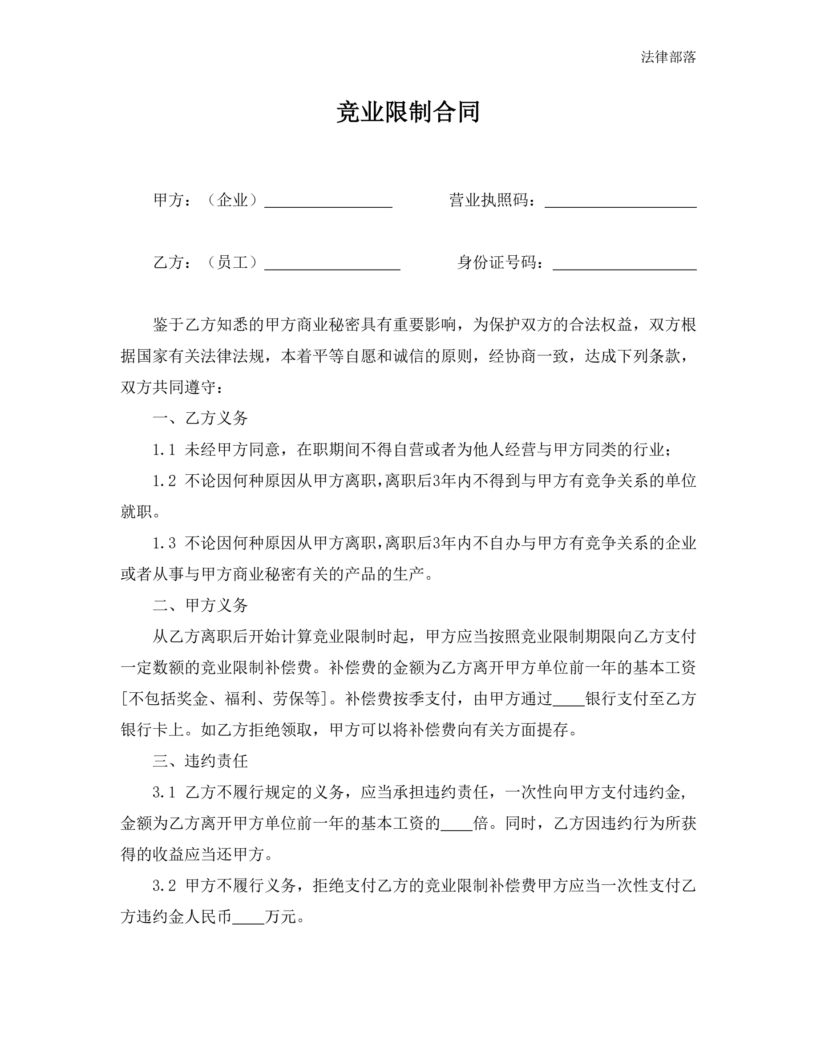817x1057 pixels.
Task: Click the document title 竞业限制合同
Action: click(408, 112)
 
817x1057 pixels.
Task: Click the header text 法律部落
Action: click(668, 57)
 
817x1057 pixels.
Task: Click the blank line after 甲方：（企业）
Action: click(328, 202)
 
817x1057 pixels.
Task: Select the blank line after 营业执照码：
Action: click(620, 202)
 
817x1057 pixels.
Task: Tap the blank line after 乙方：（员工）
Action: click(332, 264)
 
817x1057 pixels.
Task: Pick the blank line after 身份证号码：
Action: click(624, 264)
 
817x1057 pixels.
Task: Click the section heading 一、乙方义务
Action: click(200, 418)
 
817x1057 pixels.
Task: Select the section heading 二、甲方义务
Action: click(200, 605)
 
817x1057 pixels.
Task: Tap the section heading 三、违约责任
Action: click(200, 761)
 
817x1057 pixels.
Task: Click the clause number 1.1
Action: click(164, 450)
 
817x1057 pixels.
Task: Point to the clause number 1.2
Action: click(164, 481)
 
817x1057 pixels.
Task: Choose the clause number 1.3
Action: click(164, 544)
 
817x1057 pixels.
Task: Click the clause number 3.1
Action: click(164, 793)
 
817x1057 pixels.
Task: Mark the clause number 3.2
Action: click(164, 886)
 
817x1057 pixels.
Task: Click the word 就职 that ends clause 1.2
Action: click(137, 512)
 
